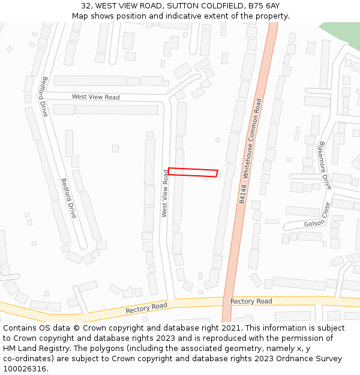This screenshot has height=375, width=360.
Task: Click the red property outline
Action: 193,172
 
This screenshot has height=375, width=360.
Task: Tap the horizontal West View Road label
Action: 95,97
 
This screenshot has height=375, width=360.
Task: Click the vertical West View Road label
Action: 165,193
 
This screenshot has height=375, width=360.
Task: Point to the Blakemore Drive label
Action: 325,165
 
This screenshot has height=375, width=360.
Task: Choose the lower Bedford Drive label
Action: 68,198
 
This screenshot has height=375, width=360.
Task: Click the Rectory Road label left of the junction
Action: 146,308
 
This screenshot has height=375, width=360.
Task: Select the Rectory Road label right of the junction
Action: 251,301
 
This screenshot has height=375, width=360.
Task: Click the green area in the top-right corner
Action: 343,34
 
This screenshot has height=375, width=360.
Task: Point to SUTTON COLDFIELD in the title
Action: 196,5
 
